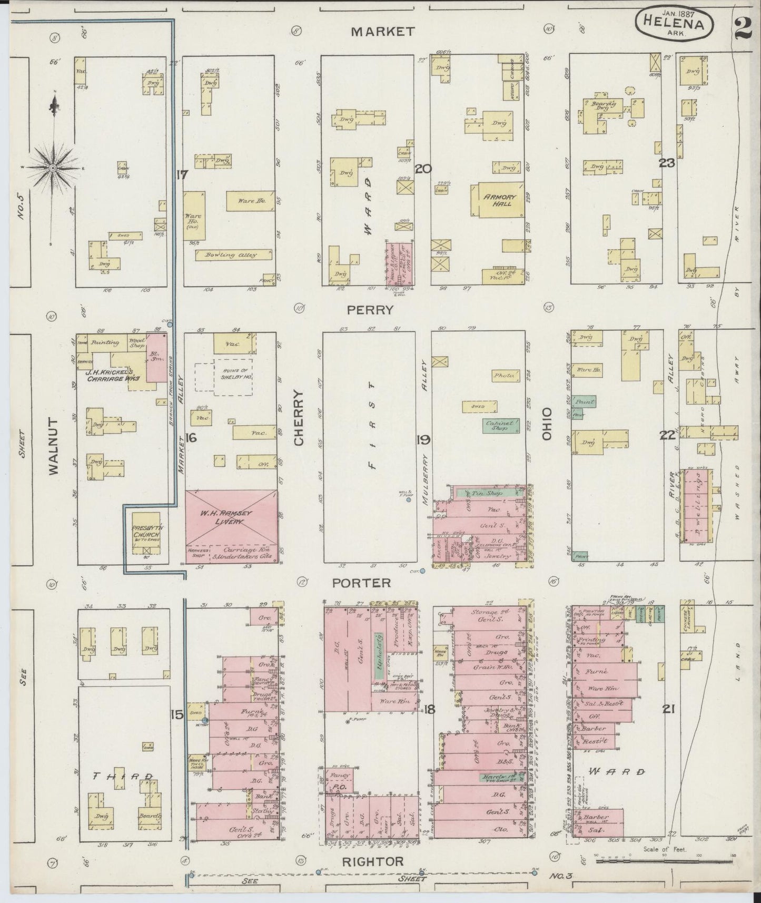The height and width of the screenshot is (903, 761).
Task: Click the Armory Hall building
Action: click(x=500, y=200)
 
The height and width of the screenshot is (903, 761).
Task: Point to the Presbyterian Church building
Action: click(x=146, y=533)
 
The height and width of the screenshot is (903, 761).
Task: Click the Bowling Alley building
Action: click(x=233, y=255)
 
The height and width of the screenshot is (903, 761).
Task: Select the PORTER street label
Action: click(x=361, y=583)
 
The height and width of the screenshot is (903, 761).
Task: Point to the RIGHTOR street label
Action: click(x=373, y=862)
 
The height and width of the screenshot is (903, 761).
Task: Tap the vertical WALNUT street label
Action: click(x=54, y=447)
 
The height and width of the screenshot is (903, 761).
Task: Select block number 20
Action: click(x=423, y=169)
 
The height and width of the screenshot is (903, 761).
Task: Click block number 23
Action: click(x=667, y=163)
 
